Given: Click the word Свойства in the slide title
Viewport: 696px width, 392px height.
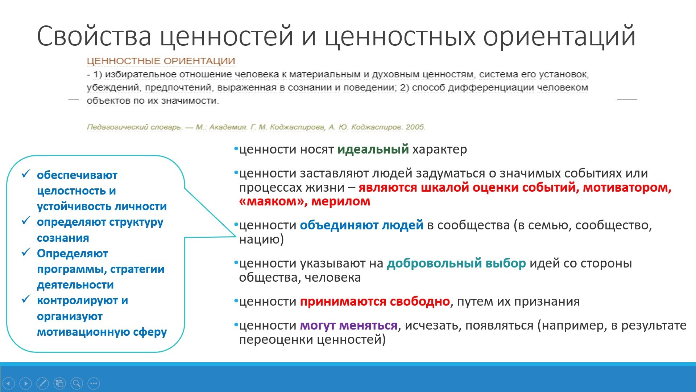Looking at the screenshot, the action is point(94,36).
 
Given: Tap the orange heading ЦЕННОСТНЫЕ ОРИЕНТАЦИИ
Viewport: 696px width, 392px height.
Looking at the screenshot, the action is point(161,61).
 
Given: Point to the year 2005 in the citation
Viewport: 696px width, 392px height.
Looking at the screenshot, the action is point(415,127).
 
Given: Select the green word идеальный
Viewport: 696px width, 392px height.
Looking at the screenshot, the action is point(373,149).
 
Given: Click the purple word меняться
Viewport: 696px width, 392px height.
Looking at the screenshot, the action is point(368,325).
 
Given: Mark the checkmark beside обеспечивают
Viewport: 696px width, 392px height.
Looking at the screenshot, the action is point(26,174).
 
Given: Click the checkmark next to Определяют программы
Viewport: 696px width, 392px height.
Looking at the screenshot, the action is point(26,252).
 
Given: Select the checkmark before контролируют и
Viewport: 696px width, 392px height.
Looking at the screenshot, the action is point(26,299).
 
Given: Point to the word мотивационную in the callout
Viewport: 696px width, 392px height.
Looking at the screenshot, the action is point(83,332).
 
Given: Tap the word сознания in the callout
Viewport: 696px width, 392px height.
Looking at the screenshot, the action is point(63,238).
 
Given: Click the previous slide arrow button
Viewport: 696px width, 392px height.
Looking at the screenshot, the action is point(8,383).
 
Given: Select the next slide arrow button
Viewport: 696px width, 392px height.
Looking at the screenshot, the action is point(25,383).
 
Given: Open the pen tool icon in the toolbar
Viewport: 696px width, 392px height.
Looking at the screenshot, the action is point(42,383).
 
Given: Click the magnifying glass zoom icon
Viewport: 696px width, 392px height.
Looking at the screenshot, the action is point(76,383).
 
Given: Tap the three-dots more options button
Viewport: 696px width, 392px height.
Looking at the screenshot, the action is point(94,383).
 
